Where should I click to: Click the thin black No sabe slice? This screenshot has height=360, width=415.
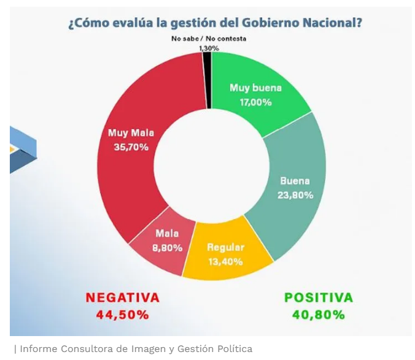pyautogui.click(x=207, y=80)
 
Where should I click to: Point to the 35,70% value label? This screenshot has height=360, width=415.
pyautogui.click(x=131, y=147)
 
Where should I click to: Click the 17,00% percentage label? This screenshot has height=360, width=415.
pyautogui.click(x=255, y=102)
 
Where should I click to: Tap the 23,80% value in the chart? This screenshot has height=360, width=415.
pyautogui.click(x=295, y=195)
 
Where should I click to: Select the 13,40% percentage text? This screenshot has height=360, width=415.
pyautogui.click(x=225, y=262)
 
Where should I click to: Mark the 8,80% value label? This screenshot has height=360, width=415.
pyautogui.click(x=167, y=248)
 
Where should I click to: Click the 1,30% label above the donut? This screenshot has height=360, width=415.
pyautogui.click(x=209, y=48)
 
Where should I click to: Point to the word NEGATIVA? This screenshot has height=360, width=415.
pyautogui.click(x=123, y=297)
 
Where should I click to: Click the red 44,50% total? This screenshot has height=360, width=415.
pyautogui.click(x=123, y=315)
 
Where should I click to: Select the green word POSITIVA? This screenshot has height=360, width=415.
pyautogui.click(x=319, y=297)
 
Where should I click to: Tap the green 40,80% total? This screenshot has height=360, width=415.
pyautogui.click(x=319, y=315)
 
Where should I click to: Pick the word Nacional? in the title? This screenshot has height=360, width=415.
pyautogui.click(x=332, y=23)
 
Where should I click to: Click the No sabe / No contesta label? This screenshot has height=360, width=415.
pyautogui.click(x=209, y=39)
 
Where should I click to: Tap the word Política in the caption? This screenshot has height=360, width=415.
pyautogui.click(x=235, y=349)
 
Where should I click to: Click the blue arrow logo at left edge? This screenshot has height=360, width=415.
pyautogui.click(x=23, y=150)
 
